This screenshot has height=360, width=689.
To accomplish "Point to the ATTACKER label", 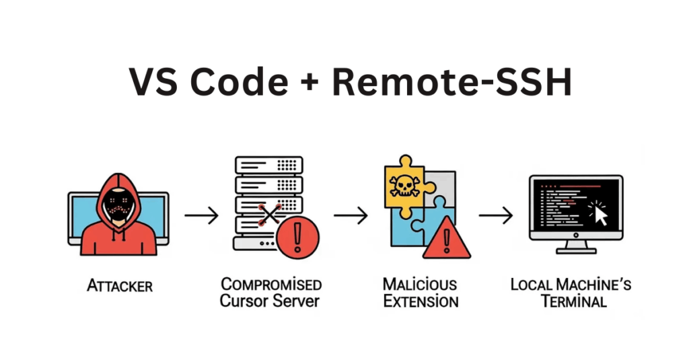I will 120,286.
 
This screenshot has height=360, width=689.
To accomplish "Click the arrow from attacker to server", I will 201,215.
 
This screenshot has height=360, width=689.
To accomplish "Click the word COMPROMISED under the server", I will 271,284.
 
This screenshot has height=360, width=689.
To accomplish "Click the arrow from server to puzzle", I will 351,215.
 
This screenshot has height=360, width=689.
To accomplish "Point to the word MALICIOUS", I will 420,284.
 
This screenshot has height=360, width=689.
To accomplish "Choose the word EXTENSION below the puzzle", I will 420,300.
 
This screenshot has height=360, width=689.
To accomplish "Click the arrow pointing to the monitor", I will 496,215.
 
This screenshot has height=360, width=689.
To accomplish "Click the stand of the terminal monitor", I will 575,246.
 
